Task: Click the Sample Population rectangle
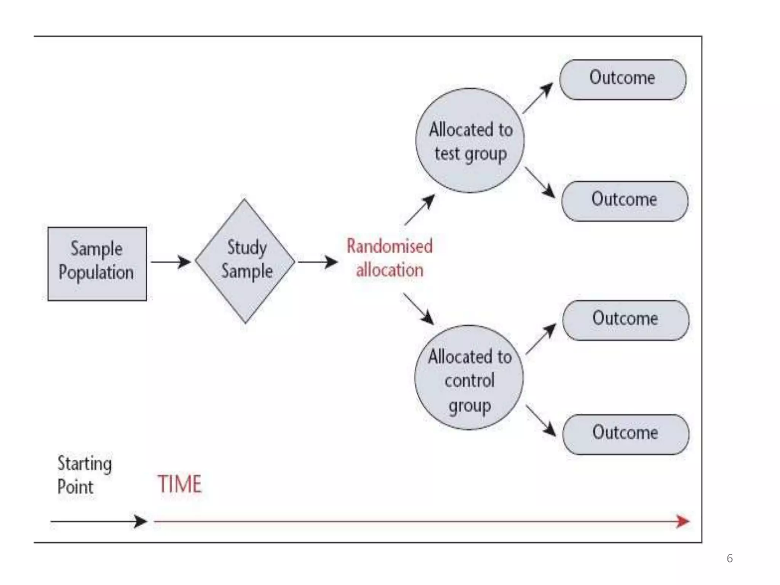97,264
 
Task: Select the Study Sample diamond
245,261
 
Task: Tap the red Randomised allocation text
389,258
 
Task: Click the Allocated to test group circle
470,141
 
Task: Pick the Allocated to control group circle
469,377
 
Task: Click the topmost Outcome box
623,80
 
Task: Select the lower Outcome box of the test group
625,201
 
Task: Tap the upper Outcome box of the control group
625,320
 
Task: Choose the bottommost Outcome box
625,435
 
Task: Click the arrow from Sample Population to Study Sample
171,262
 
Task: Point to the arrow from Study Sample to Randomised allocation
318,262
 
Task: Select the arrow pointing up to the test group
420,210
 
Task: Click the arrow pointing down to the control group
419,308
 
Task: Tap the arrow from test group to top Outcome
538,98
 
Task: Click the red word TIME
179,484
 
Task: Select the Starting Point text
84,475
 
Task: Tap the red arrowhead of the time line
682,521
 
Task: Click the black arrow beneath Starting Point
99,521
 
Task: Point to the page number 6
729,558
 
